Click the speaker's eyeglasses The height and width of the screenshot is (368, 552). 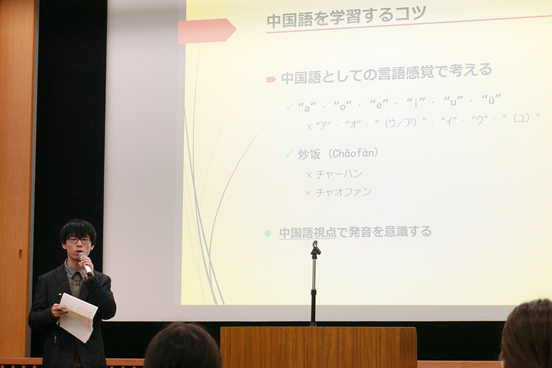click(x=79, y=240)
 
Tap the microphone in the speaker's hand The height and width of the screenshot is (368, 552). click(x=85, y=264)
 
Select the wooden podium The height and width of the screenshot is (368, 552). click(x=319, y=347)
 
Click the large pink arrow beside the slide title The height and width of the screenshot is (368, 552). click(x=206, y=31)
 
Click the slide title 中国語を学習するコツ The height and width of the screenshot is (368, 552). click(x=346, y=17)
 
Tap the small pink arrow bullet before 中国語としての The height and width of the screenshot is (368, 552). click(x=271, y=79)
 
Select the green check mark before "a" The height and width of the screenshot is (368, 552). click(x=290, y=107)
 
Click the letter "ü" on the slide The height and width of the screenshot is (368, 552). click(x=491, y=100)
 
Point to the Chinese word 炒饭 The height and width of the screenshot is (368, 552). click(x=309, y=154)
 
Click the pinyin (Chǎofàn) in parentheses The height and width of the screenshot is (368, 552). click(x=354, y=153)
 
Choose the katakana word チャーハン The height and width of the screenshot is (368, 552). click(x=339, y=174)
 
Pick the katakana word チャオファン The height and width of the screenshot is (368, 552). click(x=344, y=192)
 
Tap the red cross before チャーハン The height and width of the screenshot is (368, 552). click(x=309, y=175)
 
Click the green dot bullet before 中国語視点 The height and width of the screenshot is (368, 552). click(x=267, y=233)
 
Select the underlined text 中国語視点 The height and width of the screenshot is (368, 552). click(x=308, y=233)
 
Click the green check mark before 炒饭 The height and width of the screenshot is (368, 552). click(x=289, y=154)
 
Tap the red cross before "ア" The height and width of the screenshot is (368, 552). click(x=309, y=126)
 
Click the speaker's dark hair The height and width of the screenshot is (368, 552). click(x=78, y=231)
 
